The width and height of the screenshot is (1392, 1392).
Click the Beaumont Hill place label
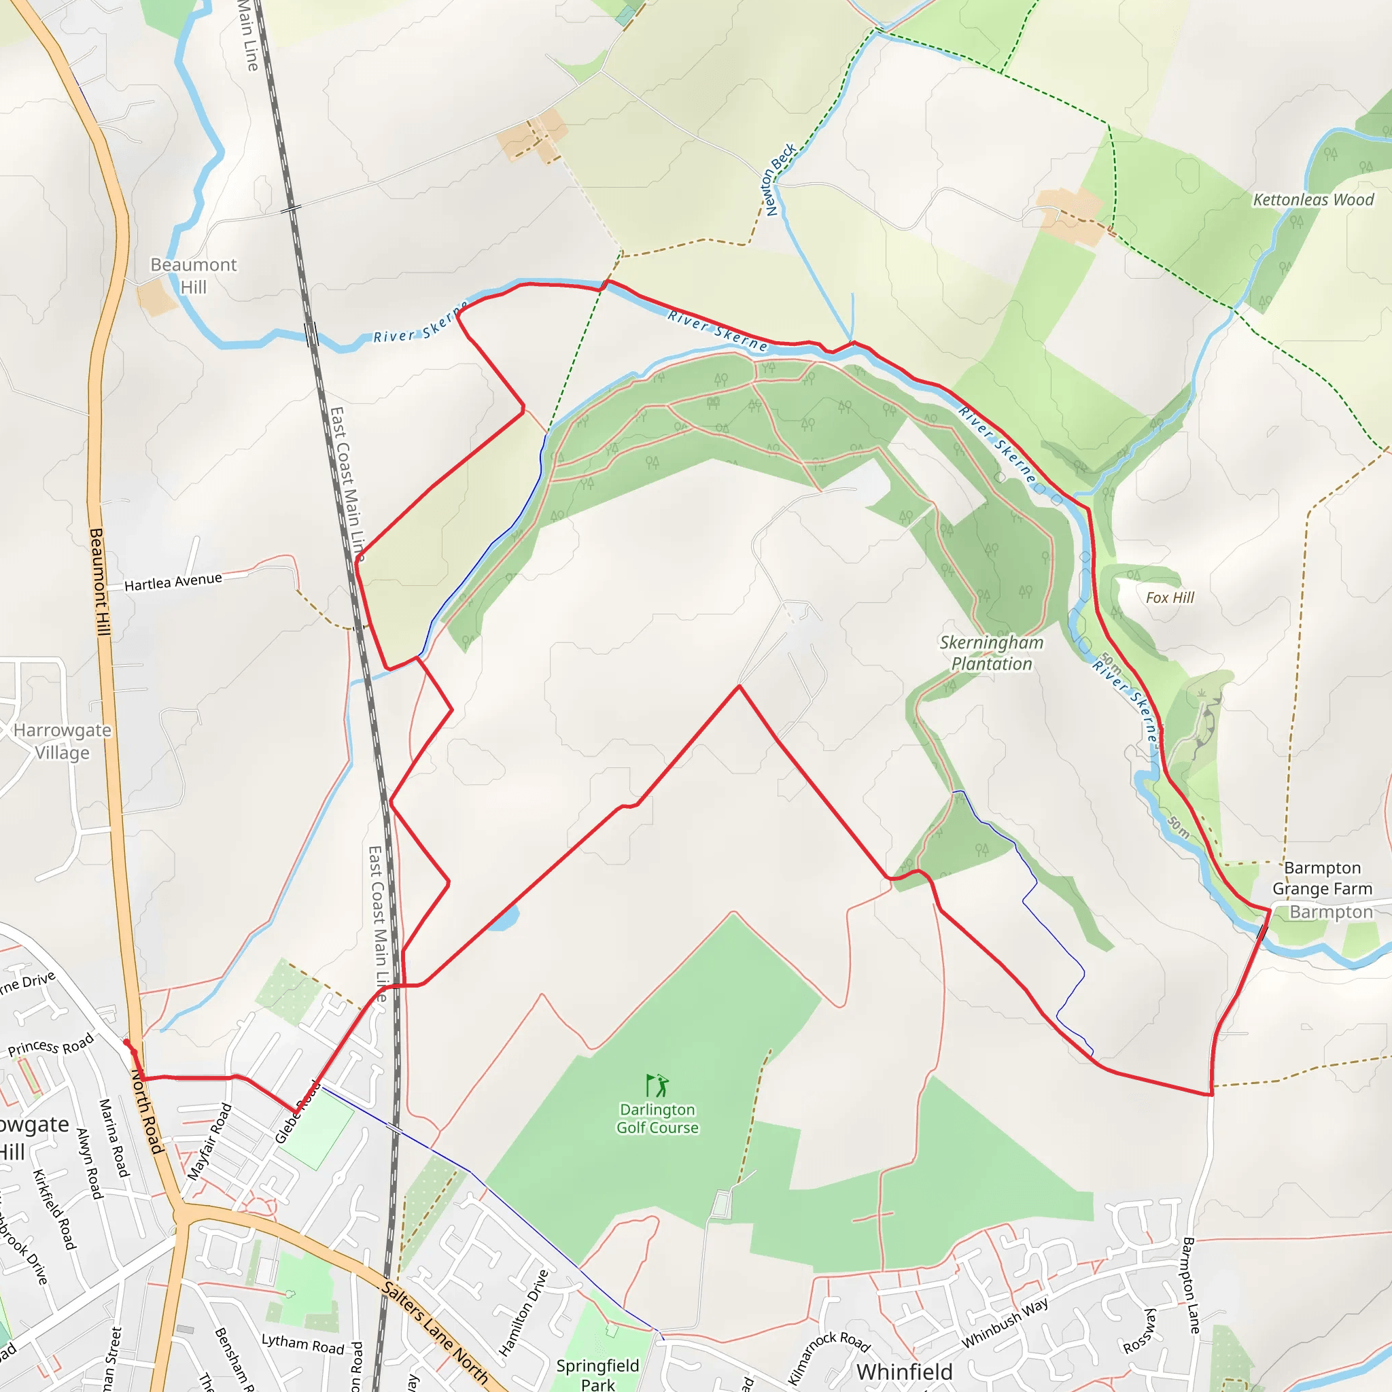coord(193,276)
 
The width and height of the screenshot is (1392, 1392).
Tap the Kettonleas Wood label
coord(1312,200)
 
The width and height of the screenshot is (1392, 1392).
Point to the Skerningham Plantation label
coord(992,652)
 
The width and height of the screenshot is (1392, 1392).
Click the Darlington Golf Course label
coord(657,1118)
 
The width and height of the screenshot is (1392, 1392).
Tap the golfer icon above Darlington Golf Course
coord(657,1085)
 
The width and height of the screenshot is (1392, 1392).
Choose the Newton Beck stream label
coord(780,179)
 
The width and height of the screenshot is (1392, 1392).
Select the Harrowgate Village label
coord(63,742)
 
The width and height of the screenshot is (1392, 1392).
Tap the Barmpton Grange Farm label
coord(1321,877)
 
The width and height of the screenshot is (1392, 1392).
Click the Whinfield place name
coord(904,1372)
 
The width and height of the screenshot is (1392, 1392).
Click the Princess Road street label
coord(50,1045)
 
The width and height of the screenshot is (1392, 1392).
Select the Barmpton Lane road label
coord(1190,1285)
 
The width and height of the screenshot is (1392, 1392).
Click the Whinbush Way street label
coord(1005,1323)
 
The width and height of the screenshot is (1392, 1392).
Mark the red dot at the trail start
coord(127,1043)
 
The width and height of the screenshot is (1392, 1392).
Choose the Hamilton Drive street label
coord(524,1312)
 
